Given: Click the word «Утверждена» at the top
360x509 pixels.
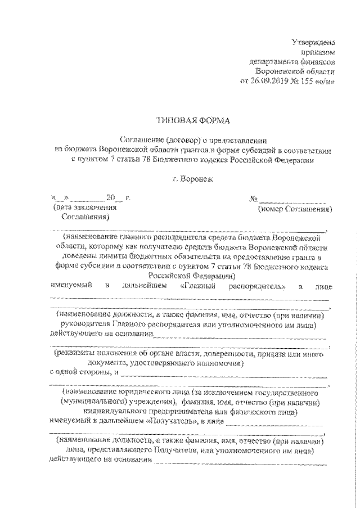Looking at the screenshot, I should (x=313, y=42).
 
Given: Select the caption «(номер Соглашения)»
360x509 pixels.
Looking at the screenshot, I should (x=294, y=209).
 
